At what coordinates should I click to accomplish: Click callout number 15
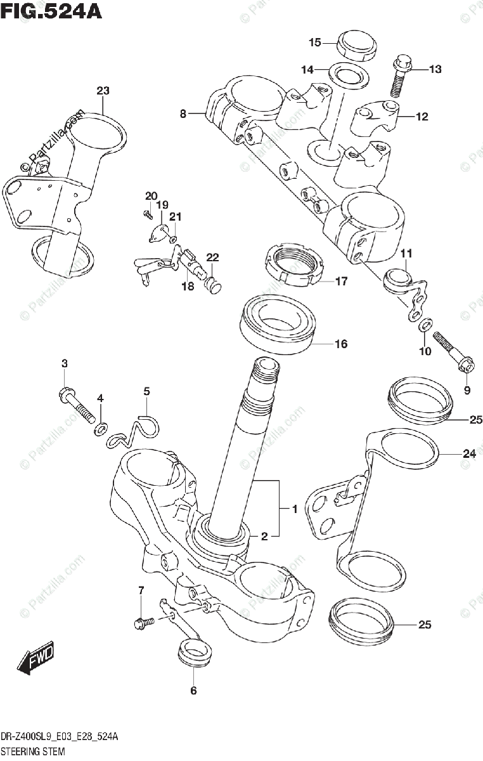pos(314,42)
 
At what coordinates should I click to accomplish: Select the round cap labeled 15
pos(357,46)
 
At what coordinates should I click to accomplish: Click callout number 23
pos(103,91)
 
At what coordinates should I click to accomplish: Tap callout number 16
pos(341,344)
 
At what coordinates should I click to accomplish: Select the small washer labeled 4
pos(101,431)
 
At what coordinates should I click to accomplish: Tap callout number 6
pos(193,691)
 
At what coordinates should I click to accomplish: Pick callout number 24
pos(470,453)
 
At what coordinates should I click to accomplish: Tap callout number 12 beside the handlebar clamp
pos(422,117)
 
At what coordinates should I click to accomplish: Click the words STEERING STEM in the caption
pos(32,750)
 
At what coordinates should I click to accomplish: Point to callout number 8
pos(183,114)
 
